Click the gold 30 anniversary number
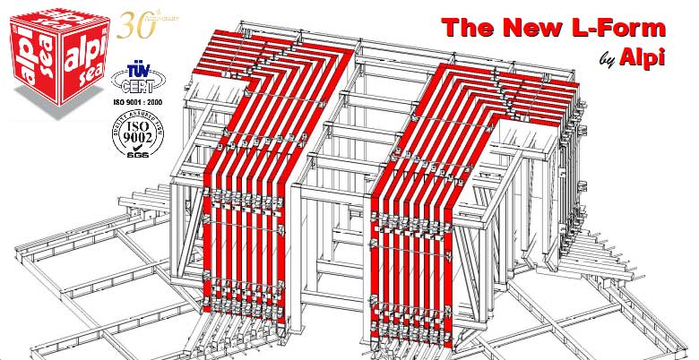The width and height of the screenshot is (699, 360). click(x=134, y=23)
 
